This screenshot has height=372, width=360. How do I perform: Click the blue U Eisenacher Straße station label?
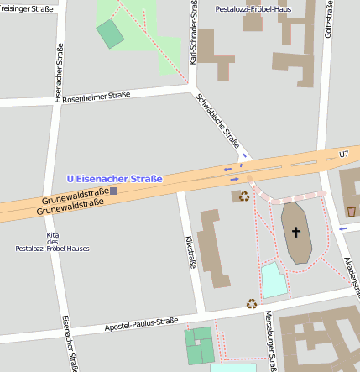(x=114, y=178)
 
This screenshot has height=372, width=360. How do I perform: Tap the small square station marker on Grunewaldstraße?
(x=114, y=191)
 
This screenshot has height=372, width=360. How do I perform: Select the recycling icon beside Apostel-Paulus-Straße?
(x=251, y=303)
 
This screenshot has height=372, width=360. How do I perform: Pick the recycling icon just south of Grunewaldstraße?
(x=244, y=196)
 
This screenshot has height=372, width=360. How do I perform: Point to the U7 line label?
(x=342, y=155)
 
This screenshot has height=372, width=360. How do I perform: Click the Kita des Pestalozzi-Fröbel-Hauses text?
(x=52, y=241)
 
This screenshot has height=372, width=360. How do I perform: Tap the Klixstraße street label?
(x=190, y=252)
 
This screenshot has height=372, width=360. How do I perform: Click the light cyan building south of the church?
(x=274, y=280)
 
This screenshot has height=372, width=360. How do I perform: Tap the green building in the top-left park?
(x=109, y=34)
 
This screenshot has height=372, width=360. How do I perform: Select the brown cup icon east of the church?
(x=351, y=210)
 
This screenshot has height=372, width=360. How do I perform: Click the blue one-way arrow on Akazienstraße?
(x=342, y=228)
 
